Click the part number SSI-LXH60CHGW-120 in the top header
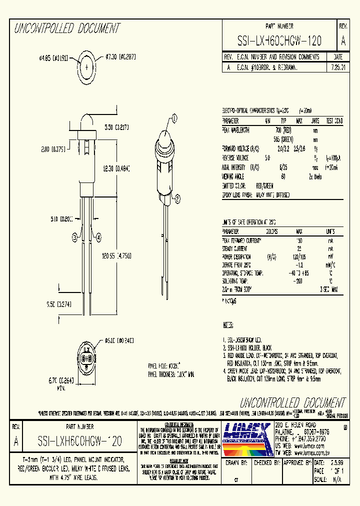(279, 40)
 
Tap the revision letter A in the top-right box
(342, 40)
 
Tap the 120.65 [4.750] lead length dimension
(116, 256)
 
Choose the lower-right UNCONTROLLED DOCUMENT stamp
(292, 403)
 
